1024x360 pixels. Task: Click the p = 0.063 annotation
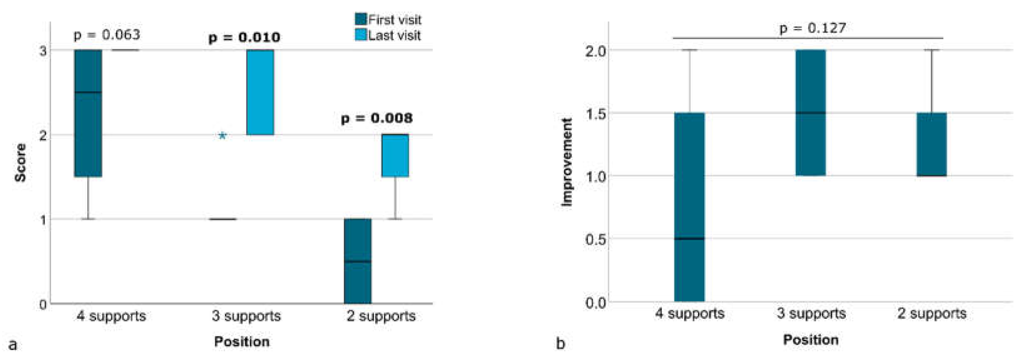[107, 35]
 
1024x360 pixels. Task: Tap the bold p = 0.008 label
[376, 119]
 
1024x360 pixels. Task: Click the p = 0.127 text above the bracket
[812, 28]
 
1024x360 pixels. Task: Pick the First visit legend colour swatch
[360, 19]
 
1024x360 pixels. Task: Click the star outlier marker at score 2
[223, 136]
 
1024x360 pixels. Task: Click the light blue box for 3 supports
[260, 92]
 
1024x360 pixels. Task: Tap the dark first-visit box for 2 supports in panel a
[357, 261]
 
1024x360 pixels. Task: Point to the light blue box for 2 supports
[395, 156]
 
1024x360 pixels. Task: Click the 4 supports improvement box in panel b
[689, 207]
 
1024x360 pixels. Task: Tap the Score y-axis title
[20, 163]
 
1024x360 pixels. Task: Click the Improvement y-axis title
[567, 162]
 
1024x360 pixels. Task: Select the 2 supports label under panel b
[931, 313]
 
